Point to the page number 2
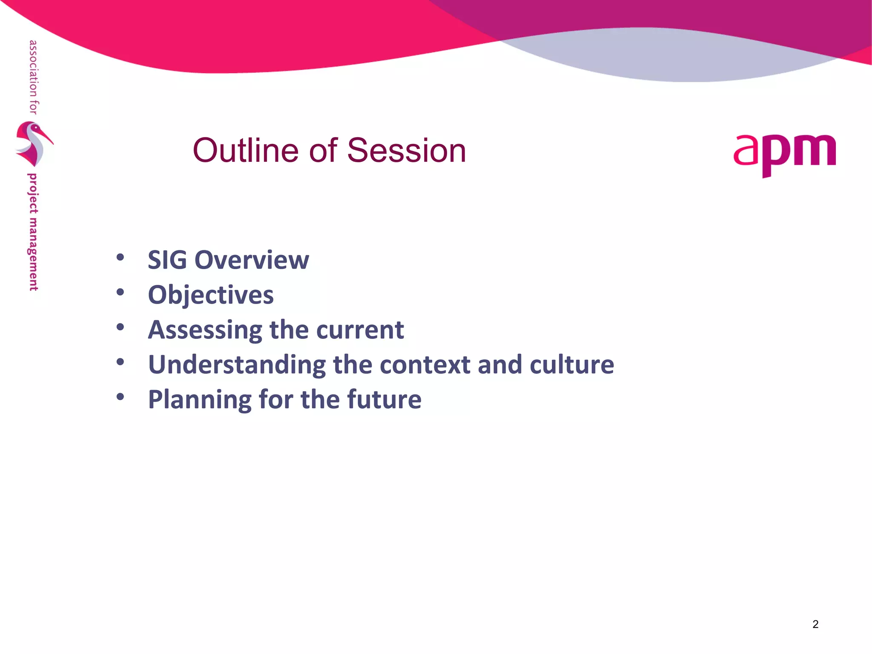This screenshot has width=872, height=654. pyautogui.click(x=815, y=624)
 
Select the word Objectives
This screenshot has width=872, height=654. pyautogui.click(x=210, y=295)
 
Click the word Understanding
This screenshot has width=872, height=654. pyautogui.click(x=237, y=365)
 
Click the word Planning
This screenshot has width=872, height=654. pyautogui.click(x=199, y=400)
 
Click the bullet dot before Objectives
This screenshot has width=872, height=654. pyautogui.click(x=120, y=292)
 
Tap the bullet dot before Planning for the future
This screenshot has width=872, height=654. pyautogui.click(x=120, y=397)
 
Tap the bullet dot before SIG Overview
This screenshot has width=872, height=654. pyautogui.click(x=120, y=257)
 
